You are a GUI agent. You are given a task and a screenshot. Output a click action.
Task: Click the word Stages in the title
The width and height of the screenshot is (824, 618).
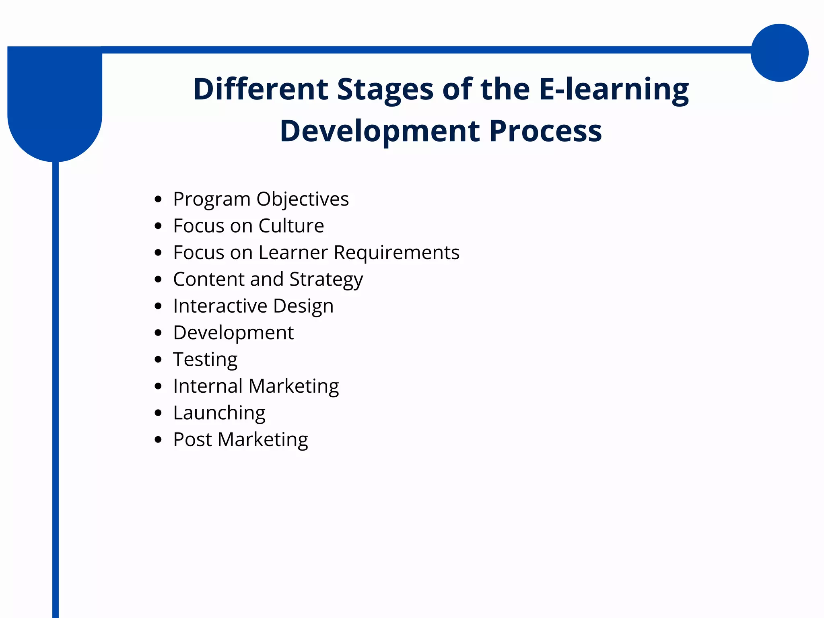pos(385,89)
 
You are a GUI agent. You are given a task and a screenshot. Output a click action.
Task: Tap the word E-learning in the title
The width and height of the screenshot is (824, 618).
pos(614,89)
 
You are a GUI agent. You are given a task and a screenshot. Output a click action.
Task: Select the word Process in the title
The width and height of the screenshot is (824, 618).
pos(546,131)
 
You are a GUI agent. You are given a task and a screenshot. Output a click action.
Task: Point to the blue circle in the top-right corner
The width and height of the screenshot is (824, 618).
pos(779,53)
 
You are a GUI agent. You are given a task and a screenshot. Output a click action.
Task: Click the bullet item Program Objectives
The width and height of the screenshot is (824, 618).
pos(261,199)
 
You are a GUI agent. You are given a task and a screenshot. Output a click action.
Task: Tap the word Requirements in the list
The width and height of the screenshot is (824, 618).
pos(396,253)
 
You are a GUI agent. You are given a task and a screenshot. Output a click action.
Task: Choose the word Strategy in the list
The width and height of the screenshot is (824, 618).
pos(326,280)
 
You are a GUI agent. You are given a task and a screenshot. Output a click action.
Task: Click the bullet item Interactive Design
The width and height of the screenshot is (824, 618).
pos(253,306)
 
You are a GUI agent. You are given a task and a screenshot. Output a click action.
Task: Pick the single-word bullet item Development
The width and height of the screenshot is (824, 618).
pos(233,333)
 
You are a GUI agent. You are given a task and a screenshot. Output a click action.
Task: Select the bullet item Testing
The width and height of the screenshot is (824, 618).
pos(205,360)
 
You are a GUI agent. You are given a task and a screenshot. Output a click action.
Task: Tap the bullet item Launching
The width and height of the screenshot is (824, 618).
pos(219,413)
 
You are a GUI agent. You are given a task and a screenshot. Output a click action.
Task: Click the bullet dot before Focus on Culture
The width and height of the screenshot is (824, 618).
pos(158,226)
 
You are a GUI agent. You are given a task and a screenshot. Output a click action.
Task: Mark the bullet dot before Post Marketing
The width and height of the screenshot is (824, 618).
pos(158,439)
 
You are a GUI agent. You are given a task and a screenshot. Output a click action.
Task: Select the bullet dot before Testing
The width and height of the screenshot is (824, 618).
pos(158,359)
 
